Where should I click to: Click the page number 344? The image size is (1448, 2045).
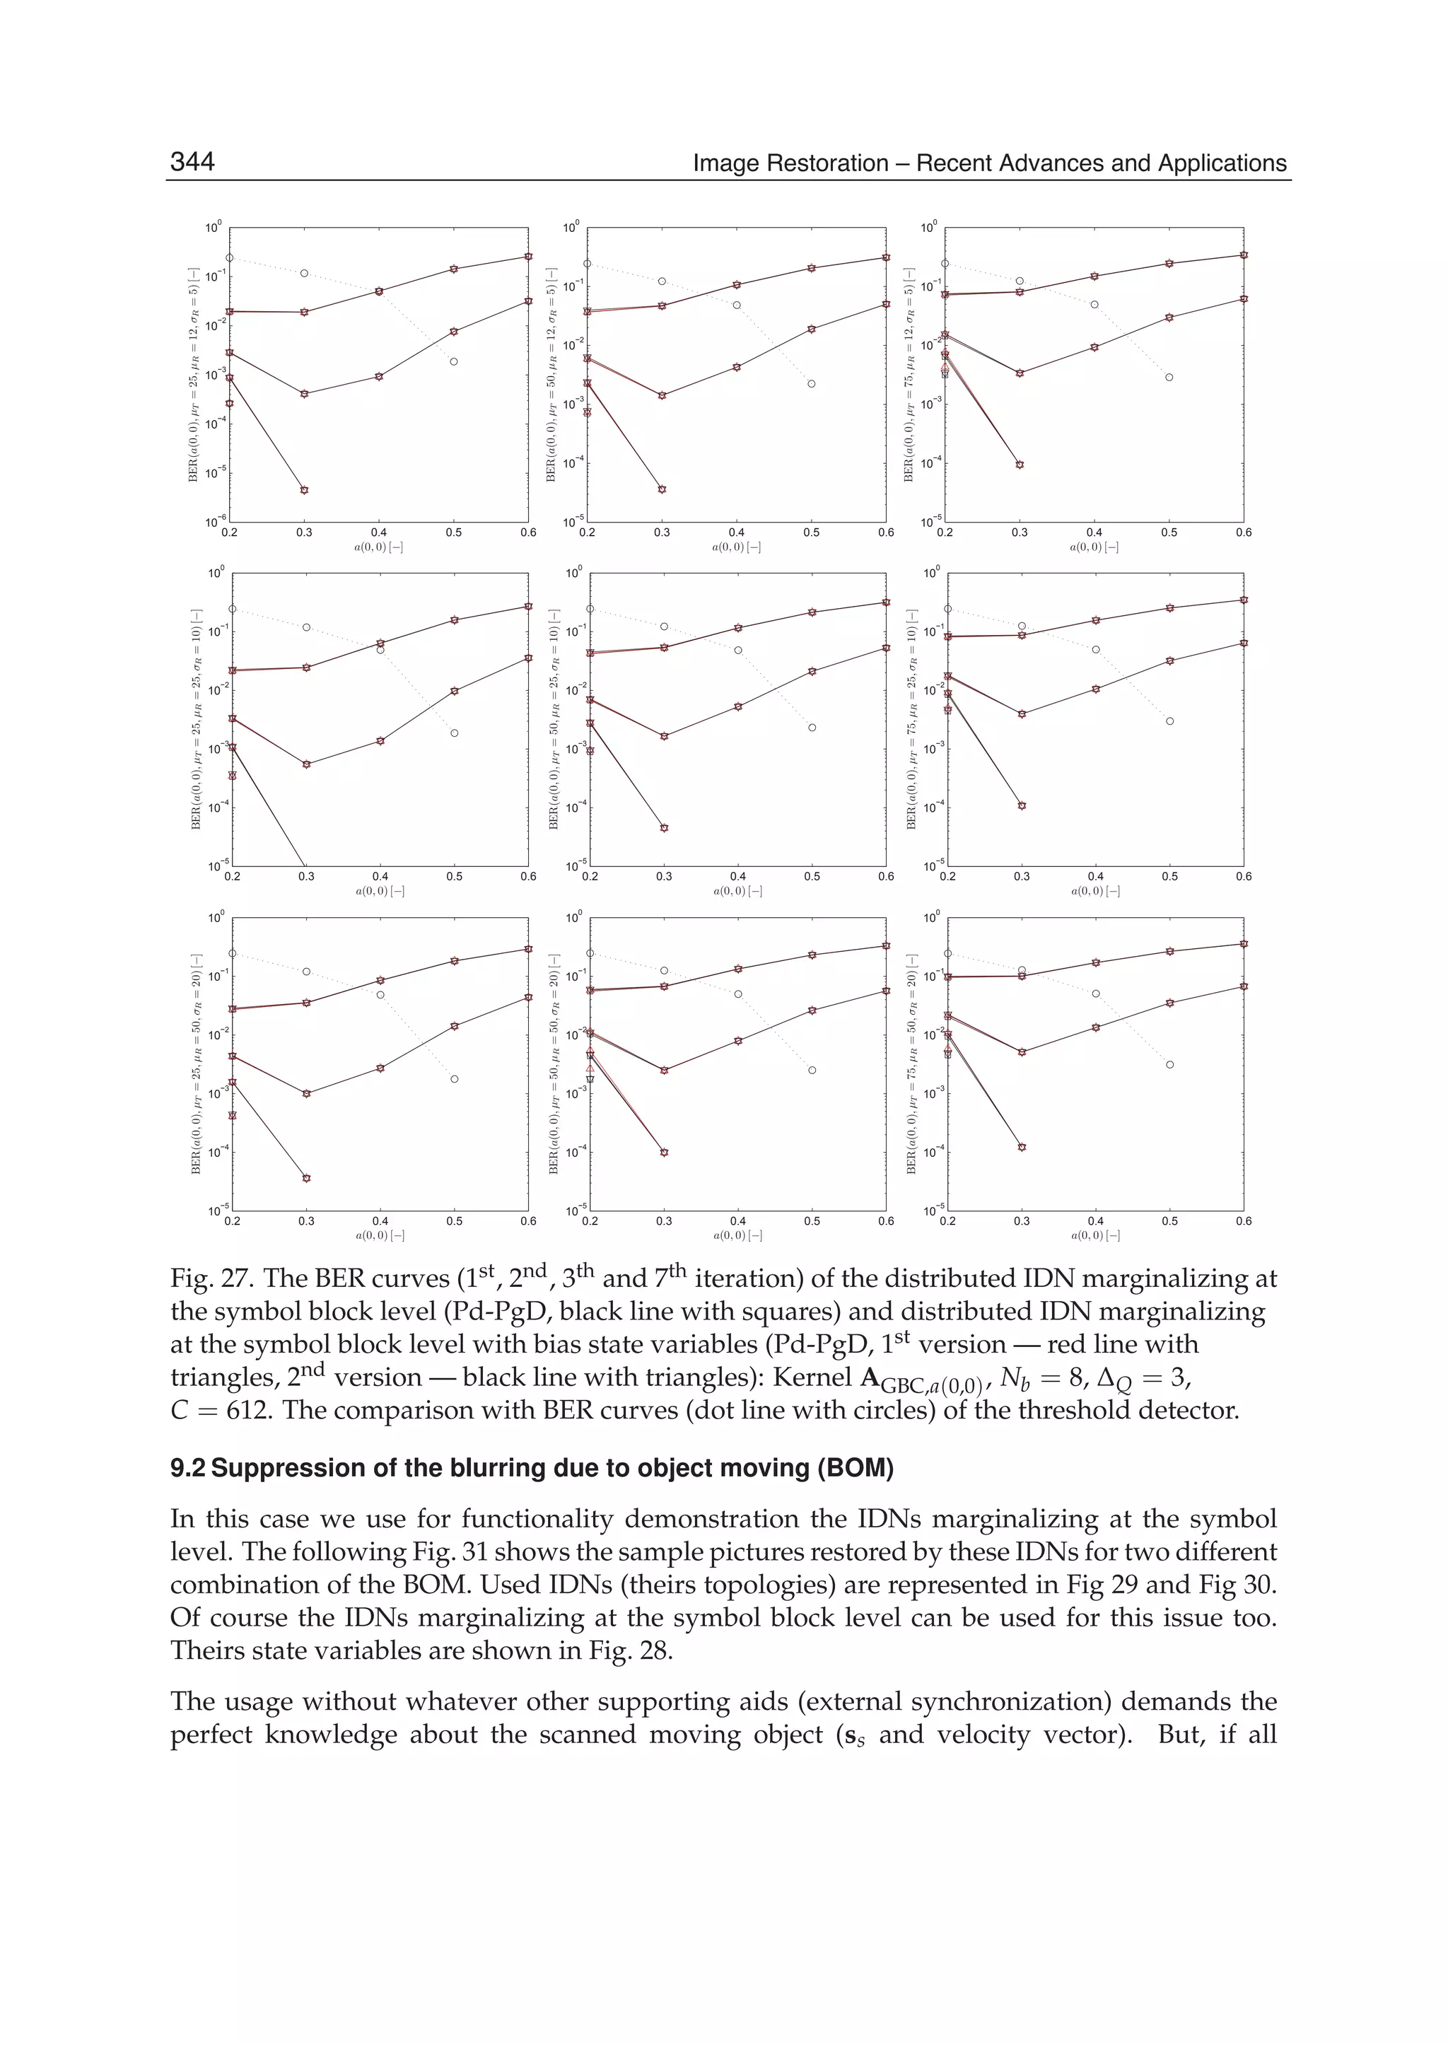(x=192, y=161)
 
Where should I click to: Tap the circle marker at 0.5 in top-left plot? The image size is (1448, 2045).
(x=454, y=361)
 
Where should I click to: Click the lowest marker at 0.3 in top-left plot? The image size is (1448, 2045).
(x=304, y=489)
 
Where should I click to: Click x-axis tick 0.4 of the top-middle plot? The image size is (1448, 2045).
(x=737, y=532)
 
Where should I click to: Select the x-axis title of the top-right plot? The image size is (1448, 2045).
(x=1094, y=547)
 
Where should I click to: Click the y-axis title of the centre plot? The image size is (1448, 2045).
(x=554, y=719)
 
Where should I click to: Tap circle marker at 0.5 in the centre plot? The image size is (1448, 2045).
(x=812, y=728)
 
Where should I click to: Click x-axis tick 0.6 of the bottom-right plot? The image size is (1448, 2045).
(x=1243, y=1221)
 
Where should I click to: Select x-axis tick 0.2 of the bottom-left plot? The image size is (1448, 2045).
(x=232, y=1221)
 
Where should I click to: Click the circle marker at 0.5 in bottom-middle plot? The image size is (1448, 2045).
(x=812, y=1070)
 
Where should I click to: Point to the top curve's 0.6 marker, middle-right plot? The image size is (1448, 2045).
(x=1244, y=600)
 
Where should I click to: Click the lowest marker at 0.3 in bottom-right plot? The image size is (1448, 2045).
(x=1022, y=1147)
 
